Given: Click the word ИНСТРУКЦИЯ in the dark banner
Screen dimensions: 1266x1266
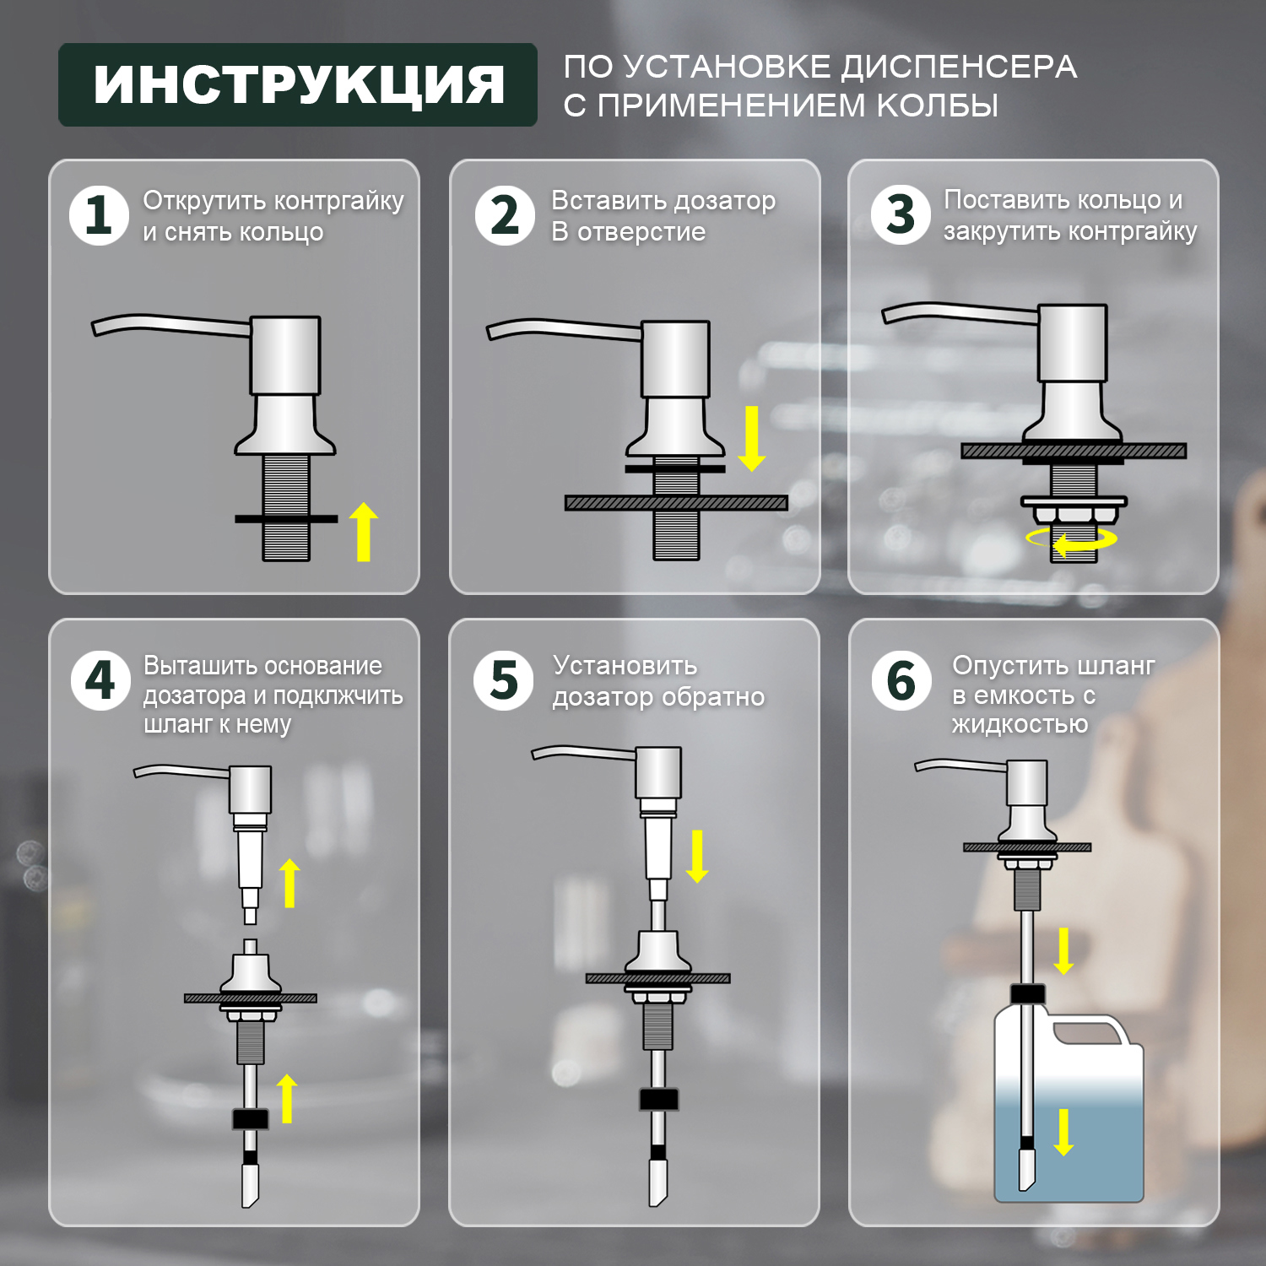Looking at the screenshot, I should pos(298,84).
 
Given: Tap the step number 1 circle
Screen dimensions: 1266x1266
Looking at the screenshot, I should pos(99,215).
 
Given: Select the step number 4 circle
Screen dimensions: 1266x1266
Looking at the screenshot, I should pos(100,680).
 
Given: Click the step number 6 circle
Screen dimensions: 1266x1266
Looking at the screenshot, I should pos(901,680).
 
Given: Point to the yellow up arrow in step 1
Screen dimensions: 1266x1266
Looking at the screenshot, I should pos(364,532).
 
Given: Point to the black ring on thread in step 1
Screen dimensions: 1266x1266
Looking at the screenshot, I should pos(286,518).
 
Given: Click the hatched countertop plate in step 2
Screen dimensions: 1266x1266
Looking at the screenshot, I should pos(676,503).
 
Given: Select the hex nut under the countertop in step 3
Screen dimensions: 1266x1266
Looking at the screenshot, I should pos(1074,516).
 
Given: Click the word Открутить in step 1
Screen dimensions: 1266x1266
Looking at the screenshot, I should pos(204,201).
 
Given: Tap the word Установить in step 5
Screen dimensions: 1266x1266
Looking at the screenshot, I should pos(625,666).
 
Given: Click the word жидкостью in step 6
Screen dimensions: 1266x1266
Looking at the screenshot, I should pos(1020,724).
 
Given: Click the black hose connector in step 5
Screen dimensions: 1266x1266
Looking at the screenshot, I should pos(659,1099).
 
